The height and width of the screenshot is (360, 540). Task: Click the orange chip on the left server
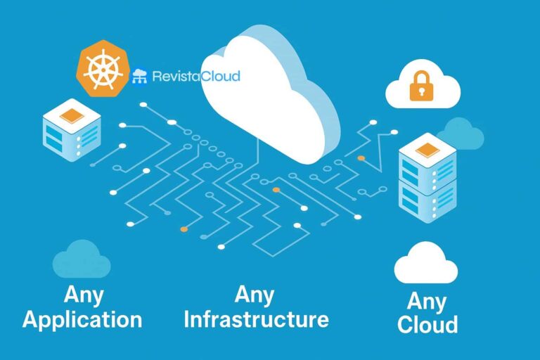point(72,117)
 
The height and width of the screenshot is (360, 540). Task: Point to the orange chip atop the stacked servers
point(427,149)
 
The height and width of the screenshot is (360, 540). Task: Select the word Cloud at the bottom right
point(427,324)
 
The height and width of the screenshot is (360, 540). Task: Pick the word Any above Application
point(83,294)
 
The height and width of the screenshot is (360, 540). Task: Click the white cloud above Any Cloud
point(426,264)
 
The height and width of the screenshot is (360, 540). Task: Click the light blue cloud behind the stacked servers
point(461,134)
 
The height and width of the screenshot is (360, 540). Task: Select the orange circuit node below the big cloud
point(276,190)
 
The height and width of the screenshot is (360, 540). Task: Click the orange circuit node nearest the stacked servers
point(361,158)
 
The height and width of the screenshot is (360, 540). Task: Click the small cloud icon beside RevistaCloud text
point(140,76)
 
